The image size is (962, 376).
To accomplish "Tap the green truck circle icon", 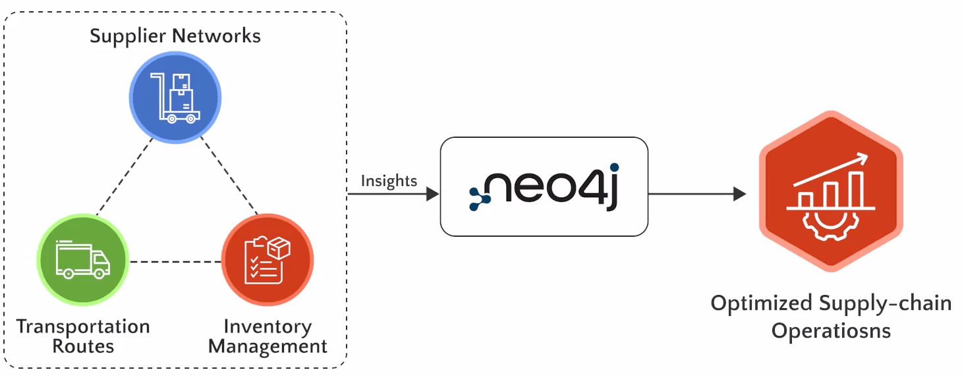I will click(x=82, y=259).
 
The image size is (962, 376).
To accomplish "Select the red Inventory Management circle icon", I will click(x=267, y=259).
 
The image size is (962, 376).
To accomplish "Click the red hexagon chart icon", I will click(x=830, y=191).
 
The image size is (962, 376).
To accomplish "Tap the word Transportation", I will click(x=83, y=327).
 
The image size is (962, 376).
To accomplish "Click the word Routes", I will click(x=83, y=346).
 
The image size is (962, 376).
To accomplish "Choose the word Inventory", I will click(x=268, y=327).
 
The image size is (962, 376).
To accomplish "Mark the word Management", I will click(x=268, y=346).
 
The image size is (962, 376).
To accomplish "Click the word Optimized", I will click(x=761, y=304).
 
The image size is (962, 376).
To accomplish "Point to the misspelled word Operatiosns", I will click(x=831, y=330).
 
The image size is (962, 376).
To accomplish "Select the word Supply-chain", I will click(x=886, y=304).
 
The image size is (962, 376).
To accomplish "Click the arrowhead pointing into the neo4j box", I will click(x=432, y=194).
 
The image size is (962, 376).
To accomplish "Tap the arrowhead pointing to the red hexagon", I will click(x=739, y=194).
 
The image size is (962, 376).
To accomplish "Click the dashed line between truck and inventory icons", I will click(x=175, y=262).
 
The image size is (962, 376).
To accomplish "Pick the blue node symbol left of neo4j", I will click(x=480, y=197).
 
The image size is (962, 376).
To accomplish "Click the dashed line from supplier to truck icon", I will click(x=125, y=175).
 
